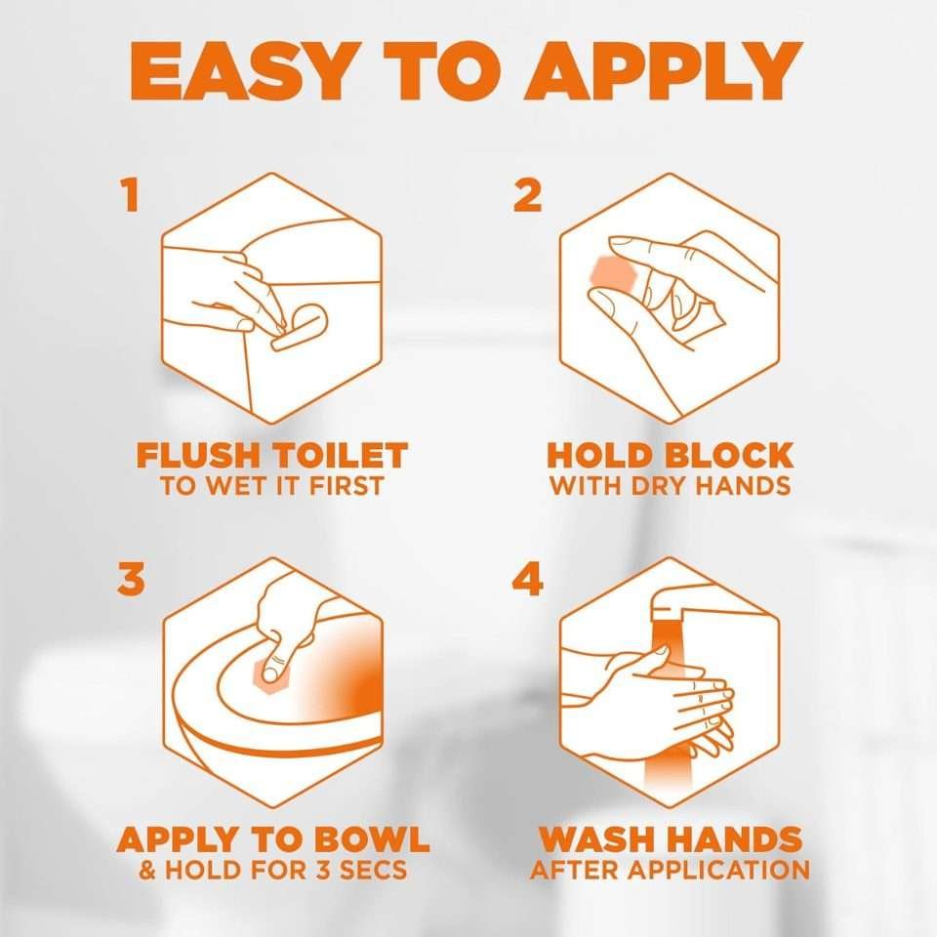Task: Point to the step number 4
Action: (x=527, y=579)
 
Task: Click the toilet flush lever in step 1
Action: (x=298, y=327)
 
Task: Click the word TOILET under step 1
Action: (x=349, y=456)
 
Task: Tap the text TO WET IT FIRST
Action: (x=272, y=486)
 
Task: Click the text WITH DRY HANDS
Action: (x=670, y=486)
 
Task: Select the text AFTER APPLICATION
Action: (x=670, y=870)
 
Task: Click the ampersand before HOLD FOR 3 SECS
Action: (x=148, y=870)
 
